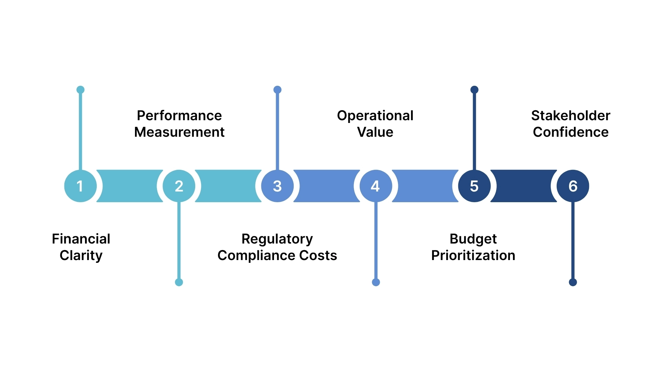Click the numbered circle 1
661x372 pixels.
pos(80,186)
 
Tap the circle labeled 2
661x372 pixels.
pos(179,186)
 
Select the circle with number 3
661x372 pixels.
pos(277,186)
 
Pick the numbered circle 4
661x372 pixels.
pos(376,186)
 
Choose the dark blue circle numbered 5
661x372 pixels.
pos(474,186)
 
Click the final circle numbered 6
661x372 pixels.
pos(573,186)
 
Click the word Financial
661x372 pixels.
pos(81,239)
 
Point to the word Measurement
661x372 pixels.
pos(179,132)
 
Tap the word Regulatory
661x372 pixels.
pos(277,239)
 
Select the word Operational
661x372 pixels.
pos(375,115)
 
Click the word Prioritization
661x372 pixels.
pos(473,256)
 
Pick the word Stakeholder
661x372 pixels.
pos(570,115)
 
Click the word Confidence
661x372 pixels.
pos(570,132)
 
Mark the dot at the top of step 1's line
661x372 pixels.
pos(80,90)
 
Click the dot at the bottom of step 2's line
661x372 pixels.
pos(179,282)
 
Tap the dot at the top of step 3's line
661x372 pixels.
pos(277,90)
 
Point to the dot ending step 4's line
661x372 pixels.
pos(376,282)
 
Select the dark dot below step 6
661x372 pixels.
pos(573,282)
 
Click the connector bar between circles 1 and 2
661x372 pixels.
pos(129,186)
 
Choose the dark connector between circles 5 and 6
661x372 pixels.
pos(523,186)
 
